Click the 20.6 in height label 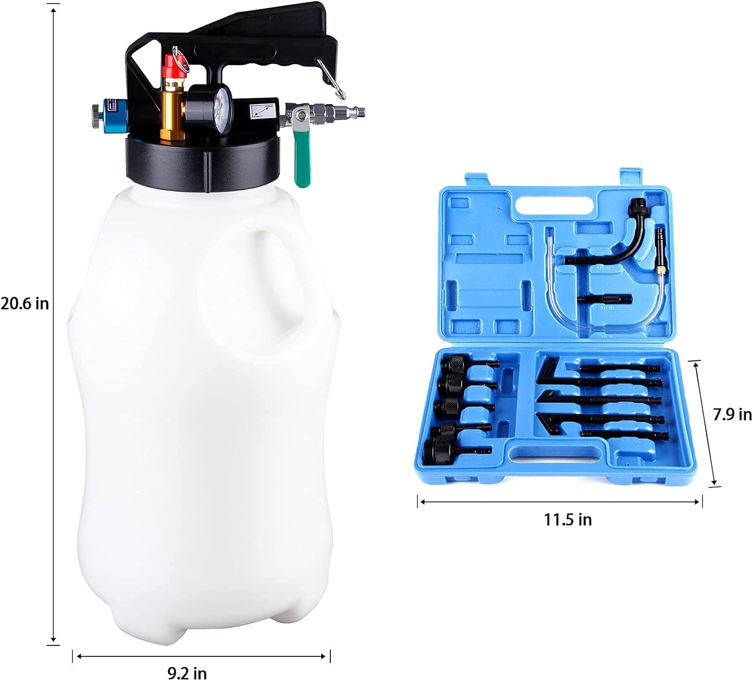25,304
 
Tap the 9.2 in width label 187,672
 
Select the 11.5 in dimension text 568,519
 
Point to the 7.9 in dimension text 732,415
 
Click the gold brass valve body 171,113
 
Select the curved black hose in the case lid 627,241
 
